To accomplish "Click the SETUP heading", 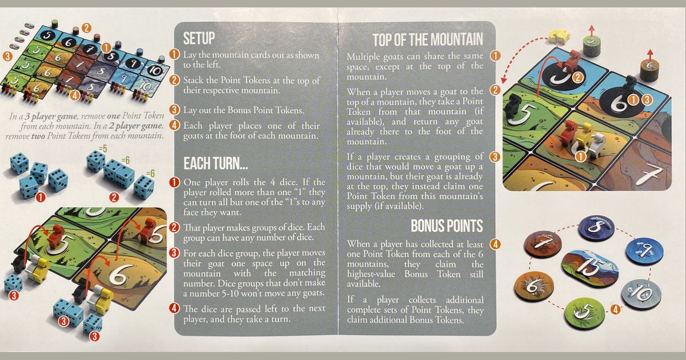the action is click(199, 38).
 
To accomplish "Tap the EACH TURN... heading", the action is click(216, 163).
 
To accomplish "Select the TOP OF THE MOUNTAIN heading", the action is click(428, 40).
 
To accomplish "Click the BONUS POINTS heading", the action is click(447, 226).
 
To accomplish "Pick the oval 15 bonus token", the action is click(590, 269).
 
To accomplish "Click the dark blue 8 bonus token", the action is click(596, 228).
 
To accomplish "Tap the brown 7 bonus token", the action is click(543, 245).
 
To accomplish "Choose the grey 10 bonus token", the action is click(641, 294).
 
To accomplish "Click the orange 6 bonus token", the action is click(534, 286).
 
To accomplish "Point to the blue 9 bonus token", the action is click(644, 251).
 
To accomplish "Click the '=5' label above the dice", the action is click(103, 149).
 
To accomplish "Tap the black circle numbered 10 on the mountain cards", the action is click(155, 70).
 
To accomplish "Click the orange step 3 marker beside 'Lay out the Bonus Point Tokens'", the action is click(174, 110).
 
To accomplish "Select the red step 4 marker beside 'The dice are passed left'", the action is click(174, 308).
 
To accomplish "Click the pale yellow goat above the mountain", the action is click(559, 36).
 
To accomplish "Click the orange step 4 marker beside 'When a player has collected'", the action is click(495, 244).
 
